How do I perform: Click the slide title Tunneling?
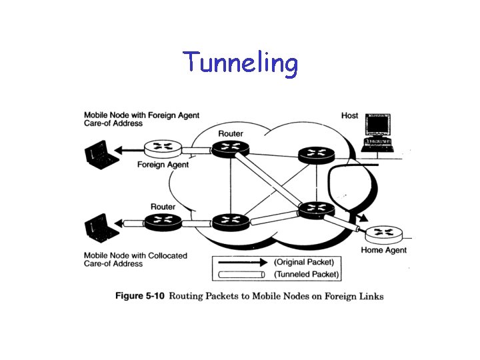tap(241, 63)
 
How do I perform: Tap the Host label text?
tap(349, 115)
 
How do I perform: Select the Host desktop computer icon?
tap(377, 131)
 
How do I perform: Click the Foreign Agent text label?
tap(163, 165)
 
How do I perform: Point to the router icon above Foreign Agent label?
tap(163, 148)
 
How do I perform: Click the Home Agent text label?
tap(383, 250)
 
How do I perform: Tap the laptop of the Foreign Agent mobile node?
tap(99, 154)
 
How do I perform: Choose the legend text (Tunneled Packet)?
tap(307, 274)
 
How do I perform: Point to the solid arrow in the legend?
tap(243, 262)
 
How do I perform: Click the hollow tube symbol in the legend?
tap(243, 274)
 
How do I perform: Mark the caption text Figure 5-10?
tap(141, 296)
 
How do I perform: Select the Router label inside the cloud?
tap(231, 133)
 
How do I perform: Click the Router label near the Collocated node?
tap(163, 207)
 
